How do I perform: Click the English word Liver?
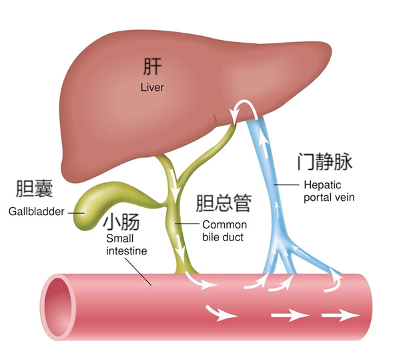point(152,87)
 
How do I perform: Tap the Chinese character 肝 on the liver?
point(152,66)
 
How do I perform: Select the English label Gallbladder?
point(37,212)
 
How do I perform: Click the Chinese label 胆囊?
point(34,188)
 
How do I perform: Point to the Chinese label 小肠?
point(121,222)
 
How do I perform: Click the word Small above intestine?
point(120,238)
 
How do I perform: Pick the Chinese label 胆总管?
point(224,203)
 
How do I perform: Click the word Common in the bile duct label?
point(225,225)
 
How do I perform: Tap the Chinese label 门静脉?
point(325,162)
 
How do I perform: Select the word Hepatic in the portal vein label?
point(322,185)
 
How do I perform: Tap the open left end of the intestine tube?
point(57,307)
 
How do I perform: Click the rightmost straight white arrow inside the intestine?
point(341,315)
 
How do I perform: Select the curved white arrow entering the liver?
point(245,110)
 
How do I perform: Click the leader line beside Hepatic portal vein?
point(286,185)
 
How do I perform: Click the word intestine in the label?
point(127,251)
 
